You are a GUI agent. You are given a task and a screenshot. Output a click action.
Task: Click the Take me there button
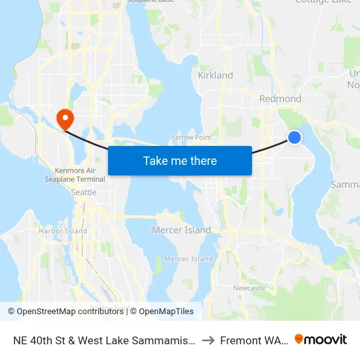180,160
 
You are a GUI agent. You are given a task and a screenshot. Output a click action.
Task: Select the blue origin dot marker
295,137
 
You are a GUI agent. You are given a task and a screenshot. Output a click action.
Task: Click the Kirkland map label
215,75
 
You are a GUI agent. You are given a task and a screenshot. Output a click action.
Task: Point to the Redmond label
280,99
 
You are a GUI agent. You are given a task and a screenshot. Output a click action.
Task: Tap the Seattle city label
84,192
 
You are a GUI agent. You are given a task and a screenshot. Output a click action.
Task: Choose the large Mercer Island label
181,230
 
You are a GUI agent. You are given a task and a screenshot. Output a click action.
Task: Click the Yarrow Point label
191,137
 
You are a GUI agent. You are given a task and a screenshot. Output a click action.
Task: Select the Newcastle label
249,288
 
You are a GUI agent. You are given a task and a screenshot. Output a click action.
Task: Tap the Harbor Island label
63,231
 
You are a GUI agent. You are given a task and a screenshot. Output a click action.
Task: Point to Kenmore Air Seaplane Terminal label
75,175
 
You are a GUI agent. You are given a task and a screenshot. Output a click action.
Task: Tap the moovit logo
321,340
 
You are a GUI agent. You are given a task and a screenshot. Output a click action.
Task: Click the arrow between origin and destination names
208,340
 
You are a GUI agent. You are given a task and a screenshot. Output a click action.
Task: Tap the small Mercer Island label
189,259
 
